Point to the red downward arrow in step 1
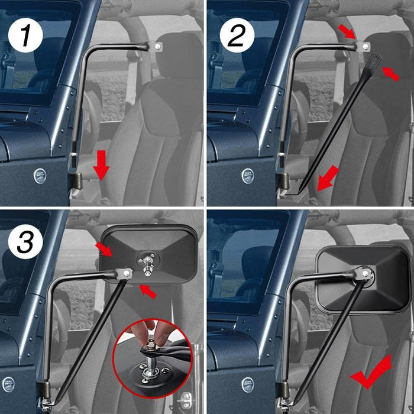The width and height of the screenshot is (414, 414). pos(102,165)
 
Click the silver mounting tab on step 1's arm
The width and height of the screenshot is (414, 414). pos(157,46)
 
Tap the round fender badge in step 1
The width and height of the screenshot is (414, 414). pos(39,175)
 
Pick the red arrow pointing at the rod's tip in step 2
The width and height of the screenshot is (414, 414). pos(390,73)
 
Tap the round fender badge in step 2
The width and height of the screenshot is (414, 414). pos(248,176)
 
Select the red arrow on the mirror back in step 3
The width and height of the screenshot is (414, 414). pos(105,250)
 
